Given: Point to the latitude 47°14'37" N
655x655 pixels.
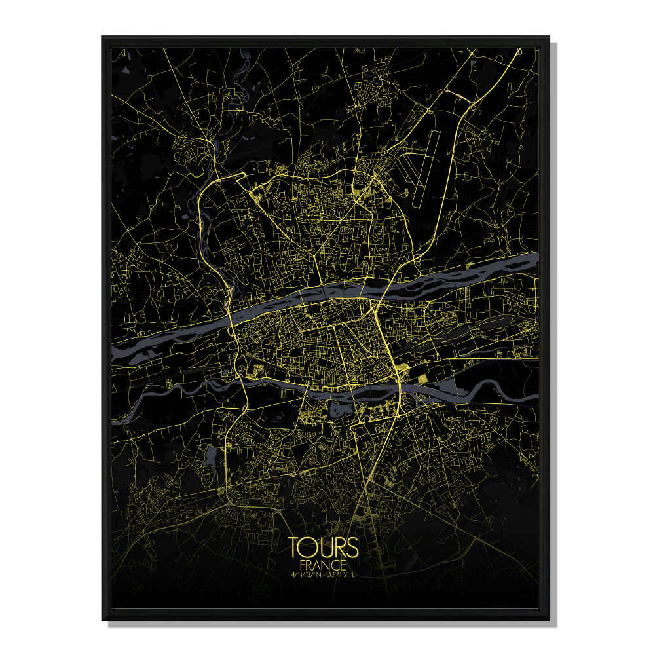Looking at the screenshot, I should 306,575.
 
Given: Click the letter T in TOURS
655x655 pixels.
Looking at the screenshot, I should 294,548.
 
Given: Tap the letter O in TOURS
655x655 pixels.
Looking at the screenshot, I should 308,548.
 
